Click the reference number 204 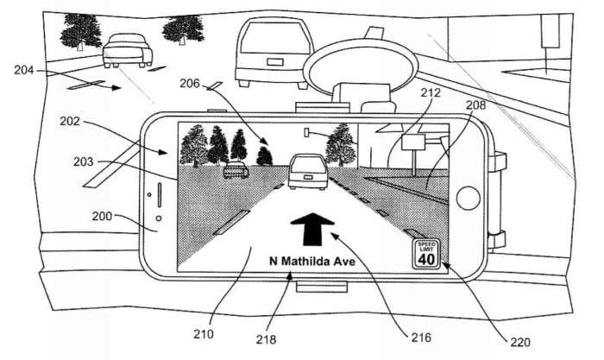(26, 70)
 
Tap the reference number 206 (190, 83)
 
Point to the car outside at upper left (128, 50)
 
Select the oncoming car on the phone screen (236, 170)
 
